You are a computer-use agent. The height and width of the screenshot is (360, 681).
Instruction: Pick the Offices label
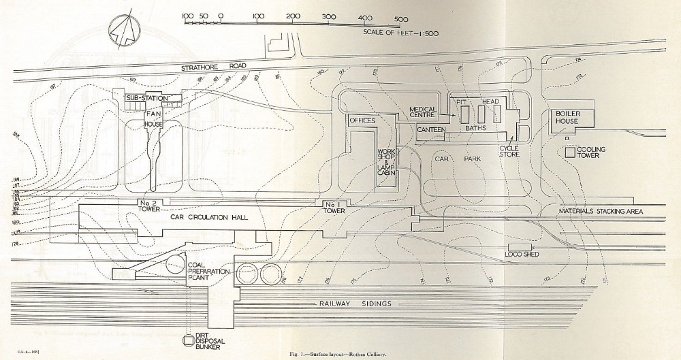point(362,120)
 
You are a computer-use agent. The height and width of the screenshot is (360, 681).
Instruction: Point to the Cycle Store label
point(509,150)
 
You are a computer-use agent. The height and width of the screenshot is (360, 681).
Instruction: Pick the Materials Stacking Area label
point(601,211)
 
